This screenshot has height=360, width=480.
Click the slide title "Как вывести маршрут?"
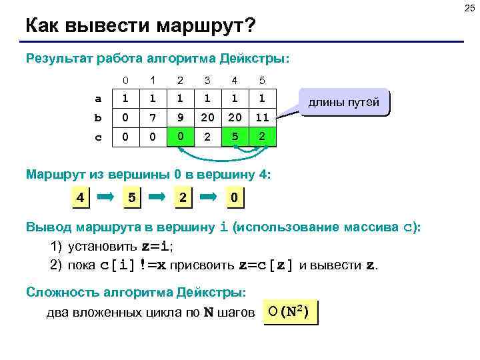pyautogui.click(x=140, y=26)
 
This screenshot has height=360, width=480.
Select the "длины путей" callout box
pyautogui.click(x=343, y=103)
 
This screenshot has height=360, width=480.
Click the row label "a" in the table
pyautogui.click(x=99, y=99)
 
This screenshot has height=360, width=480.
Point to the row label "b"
pyautogui.click(x=99, y=118)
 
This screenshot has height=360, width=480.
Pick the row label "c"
pyautogui.click(x=99, y=137)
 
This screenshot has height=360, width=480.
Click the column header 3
pyautogui.click(x=207, y=81)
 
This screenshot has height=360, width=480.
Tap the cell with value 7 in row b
pyautogui.click(x=153, y=118)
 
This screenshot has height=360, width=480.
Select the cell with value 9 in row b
pyautogui.click(x=180, y=118)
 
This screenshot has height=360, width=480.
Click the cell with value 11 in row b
pyautogui.click(x=262, y=118)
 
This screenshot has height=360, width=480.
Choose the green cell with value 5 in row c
pyautogui.click(x=235, y=137)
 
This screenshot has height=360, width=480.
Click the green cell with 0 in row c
pyautogui.click(x=180, y=137)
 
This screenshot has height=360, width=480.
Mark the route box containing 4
pyautogui.click(x=79, y=198)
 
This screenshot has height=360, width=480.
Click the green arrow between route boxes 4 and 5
pyautogui.click(x=106, y=198)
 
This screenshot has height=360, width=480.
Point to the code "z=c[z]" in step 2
pyautogui.click(x=266, y=265)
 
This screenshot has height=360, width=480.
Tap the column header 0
pyautogui.click(x=125, y=81)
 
